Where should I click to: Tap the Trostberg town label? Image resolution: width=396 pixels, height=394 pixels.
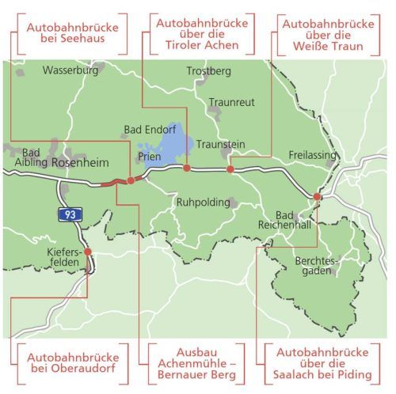[x=208, y=72]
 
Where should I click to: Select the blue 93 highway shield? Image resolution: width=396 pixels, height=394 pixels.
[x=70, y=214]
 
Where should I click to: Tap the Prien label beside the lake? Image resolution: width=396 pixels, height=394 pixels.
[x=150, y=157]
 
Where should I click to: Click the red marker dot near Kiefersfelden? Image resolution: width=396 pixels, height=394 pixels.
[x=88, y=252]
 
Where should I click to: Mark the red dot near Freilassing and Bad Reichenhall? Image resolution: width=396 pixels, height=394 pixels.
[x=317, y=195]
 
